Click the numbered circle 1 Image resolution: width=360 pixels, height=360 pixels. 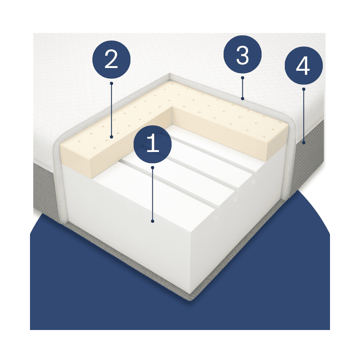coord(152,144)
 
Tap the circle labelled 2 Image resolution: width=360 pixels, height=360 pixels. coord(111,60)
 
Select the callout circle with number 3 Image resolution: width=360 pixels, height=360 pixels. coord(242,54)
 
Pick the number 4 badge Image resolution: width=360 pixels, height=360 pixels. coord(304,66)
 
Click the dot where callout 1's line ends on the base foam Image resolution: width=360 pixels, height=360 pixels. coord(152,221)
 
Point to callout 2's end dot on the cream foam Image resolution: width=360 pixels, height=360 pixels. coord(112,137)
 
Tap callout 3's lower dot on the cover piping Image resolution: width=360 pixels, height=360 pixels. coord(242,99)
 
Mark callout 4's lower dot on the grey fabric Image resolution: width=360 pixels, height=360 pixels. coord(304,143)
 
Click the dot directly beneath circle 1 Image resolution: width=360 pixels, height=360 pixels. coord(152,168)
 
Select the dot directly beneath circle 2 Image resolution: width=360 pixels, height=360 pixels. coord(112,83)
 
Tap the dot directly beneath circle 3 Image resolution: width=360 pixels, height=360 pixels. coord(242,78)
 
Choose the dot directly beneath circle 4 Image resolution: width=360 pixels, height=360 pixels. coord(304,89)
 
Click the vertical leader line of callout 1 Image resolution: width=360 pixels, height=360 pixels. coord(152,194)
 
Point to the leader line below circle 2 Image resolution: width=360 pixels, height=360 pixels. coord(112,110)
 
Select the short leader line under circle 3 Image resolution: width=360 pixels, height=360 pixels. coord(242,88)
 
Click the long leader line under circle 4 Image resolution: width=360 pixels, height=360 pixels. coord(304,116)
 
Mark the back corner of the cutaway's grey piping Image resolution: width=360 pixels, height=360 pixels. coord(170,75)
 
